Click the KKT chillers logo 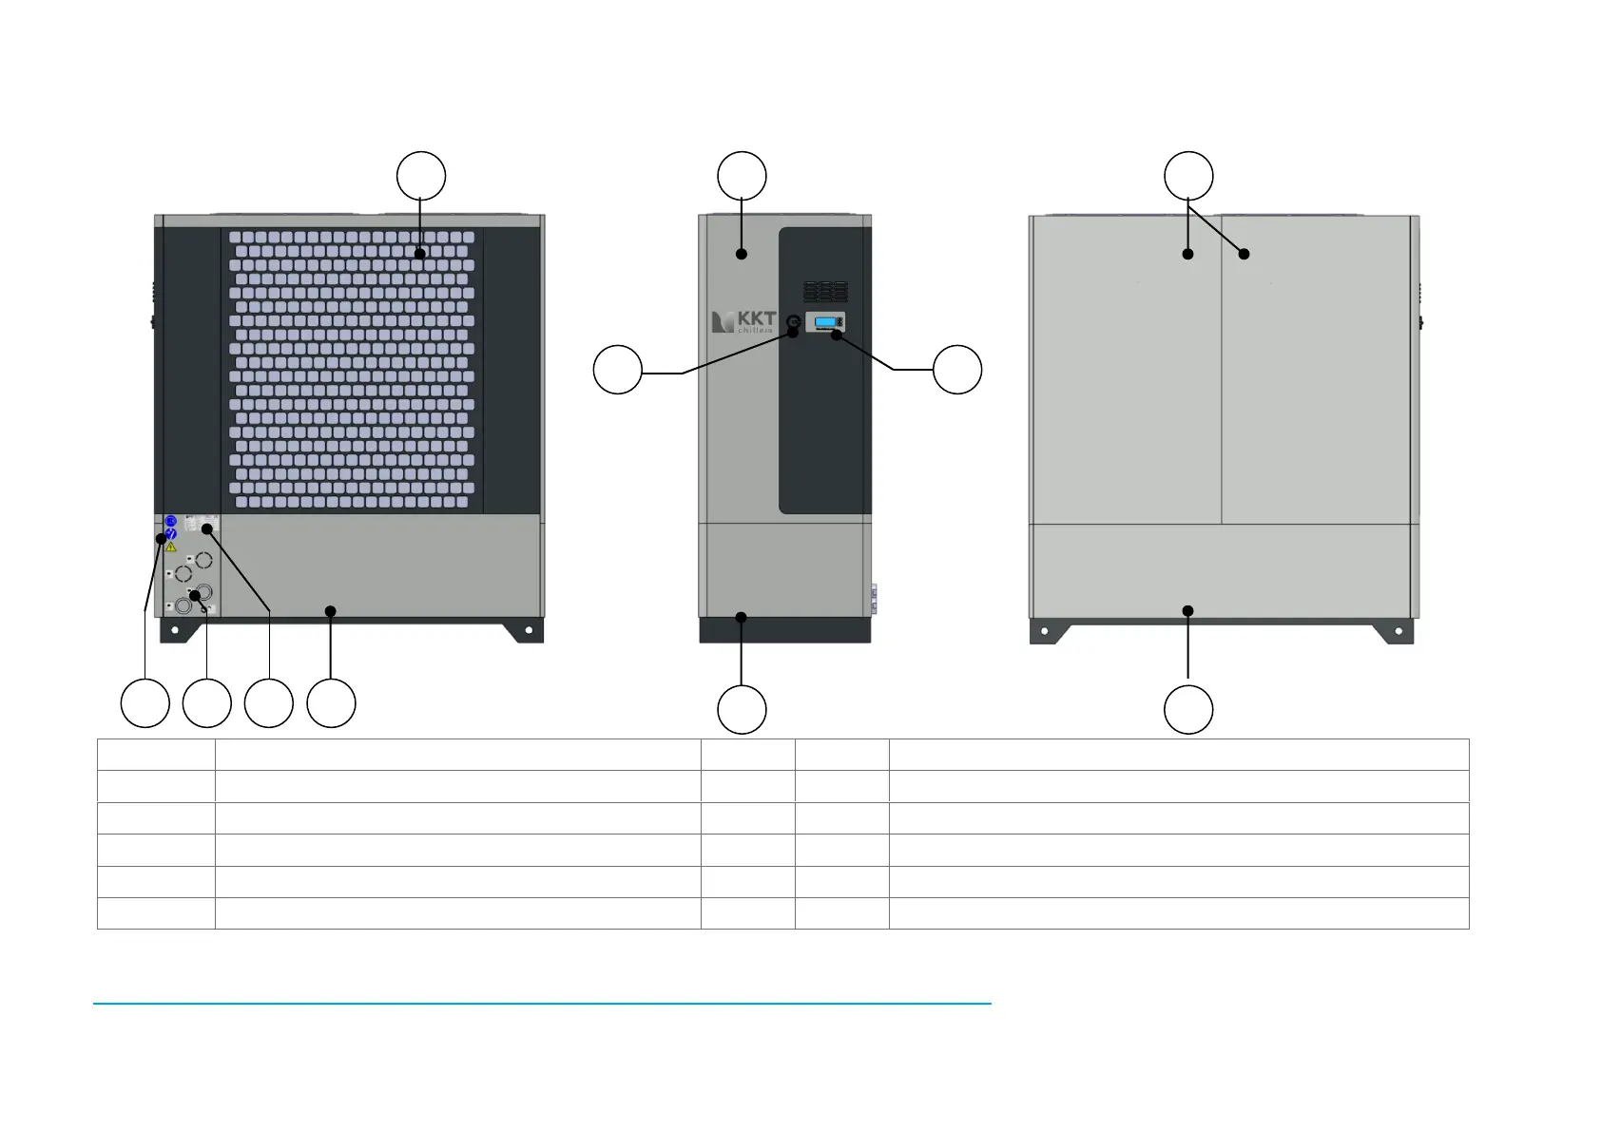(x=743, y=321)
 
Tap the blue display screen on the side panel (x=825, y=322)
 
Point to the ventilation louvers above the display (x=825, y=291)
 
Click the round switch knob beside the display (x=794, y=321)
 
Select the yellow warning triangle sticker (x=171, y=547)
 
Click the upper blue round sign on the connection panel (x=171, y=521)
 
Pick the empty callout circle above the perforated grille (x=421, y=176)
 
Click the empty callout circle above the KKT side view (x=742, y=176)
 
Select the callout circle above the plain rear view (x=1188, y=176)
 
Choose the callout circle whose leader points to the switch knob (x=618, y=370)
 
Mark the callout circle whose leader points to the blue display (x=957, y=370)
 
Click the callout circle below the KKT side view (x=742, y=709)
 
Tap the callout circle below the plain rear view (x=1188, y=709)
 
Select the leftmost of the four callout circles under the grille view (x=145, y=703)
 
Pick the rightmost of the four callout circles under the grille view (x=332, y=703)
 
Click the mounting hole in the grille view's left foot (x=175, y=629)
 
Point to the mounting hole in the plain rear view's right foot (x=1398, y=631)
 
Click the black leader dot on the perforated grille (x=419, y=254)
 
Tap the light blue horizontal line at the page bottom (x=542, y=1003)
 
